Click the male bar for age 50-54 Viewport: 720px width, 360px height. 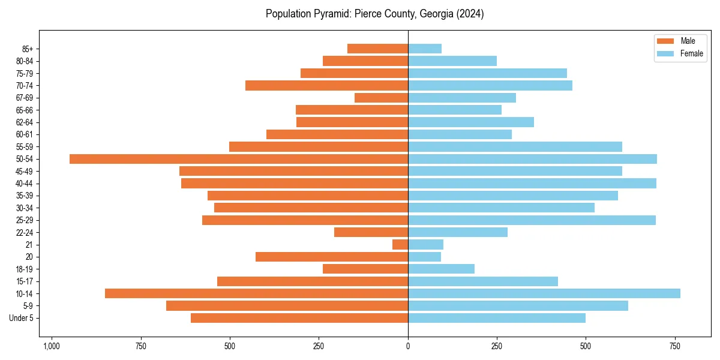[239, 159]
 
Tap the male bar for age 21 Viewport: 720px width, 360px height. [400, 245]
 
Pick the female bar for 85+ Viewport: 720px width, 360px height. [425, 49]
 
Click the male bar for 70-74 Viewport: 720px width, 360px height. [327, 85]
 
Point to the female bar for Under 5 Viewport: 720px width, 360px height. [497, 318]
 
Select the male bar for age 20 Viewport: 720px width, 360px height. [332, 257]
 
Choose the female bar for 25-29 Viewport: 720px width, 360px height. [532, 220]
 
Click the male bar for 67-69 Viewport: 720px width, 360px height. [382, 98]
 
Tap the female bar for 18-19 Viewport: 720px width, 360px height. [441, 269]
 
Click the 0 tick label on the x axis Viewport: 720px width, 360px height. [408, 346]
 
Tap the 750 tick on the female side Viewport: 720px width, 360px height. [675, 346]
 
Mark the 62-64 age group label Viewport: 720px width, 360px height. [25, 122]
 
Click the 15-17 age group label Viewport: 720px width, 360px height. [25, 281]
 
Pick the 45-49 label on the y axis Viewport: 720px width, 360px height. [25, 171]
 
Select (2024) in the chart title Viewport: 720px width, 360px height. [470, 14]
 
